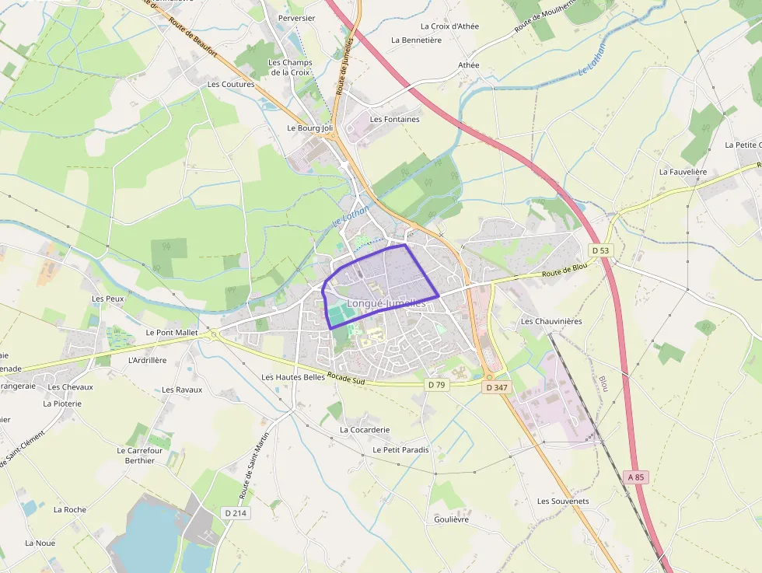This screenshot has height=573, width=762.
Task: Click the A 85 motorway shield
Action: pos(635,477)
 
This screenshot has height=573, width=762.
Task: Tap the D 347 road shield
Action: pos(495,386)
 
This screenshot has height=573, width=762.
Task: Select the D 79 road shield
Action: pos(436,385)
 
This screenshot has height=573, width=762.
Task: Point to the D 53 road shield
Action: pos(599,250)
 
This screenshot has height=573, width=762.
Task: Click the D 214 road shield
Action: pos(235,513)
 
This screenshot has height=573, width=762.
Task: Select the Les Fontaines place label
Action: pos(395,120)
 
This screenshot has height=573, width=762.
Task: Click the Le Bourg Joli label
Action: pos(309,128)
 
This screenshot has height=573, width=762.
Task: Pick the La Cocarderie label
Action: pos(365,429)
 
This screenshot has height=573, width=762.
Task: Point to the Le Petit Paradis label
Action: pos(400,449)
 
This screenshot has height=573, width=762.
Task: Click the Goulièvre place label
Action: pos(452,519)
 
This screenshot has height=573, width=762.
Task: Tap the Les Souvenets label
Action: pos(563,501)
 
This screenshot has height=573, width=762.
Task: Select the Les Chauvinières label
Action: pos(551,321)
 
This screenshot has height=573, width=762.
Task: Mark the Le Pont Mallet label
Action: pos(172,332)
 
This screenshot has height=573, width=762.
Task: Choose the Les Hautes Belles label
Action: pos(292,377)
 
